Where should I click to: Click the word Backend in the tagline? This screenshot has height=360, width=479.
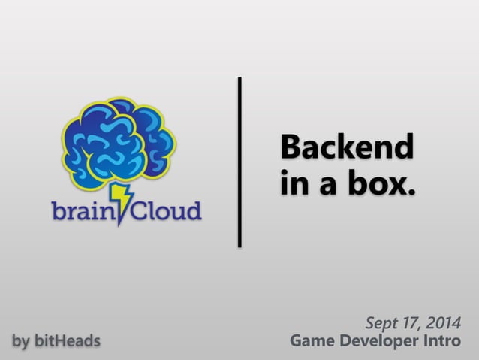[x=346, y=147]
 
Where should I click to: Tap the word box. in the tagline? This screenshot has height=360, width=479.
[x=381, y=183]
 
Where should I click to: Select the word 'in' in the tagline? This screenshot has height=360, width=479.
[x=292, y=183]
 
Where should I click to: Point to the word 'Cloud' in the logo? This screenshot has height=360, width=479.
[x=167, y=211]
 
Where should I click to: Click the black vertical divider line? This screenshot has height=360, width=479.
[x=239, y=161]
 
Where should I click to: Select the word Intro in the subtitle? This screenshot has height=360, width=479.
[x=446, y=342]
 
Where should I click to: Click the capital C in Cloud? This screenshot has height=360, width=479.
[x=142, y=211]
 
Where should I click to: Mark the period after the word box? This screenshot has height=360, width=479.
[x=410, y=192]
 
